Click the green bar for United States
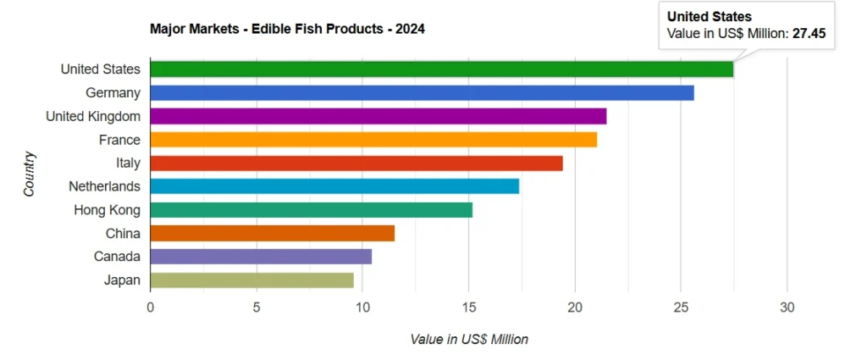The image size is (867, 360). click(x=440, y=69)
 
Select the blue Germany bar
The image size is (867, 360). click(x=422, y=93)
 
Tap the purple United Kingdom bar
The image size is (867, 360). click(x=378, y=116)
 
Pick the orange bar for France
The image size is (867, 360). click(x=373, y=140)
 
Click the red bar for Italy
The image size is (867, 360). click(x=356, y=163)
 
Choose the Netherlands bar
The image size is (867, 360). click(x=334, y=186)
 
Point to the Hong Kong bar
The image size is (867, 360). click(x=311, y=210)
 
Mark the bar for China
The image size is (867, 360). click(x=272, y=233)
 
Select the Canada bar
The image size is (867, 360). click(x=261, y=257)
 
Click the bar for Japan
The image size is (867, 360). click(x=251, y=280)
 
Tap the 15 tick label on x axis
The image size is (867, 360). click(x=469, y=307)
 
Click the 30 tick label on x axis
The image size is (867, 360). click(x=787, y=307)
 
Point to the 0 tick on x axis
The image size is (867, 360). click(x=151, y=307)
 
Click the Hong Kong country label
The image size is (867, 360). click(x=107, y=210)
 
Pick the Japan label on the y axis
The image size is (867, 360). click(x=123, y=280)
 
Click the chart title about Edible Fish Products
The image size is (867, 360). click(x=287, y=29)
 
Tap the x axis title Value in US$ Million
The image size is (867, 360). click(x=469, y=340)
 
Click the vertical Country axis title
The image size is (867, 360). click(x=30, y=174)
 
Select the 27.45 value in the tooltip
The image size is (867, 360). click(x=809, y=34)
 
